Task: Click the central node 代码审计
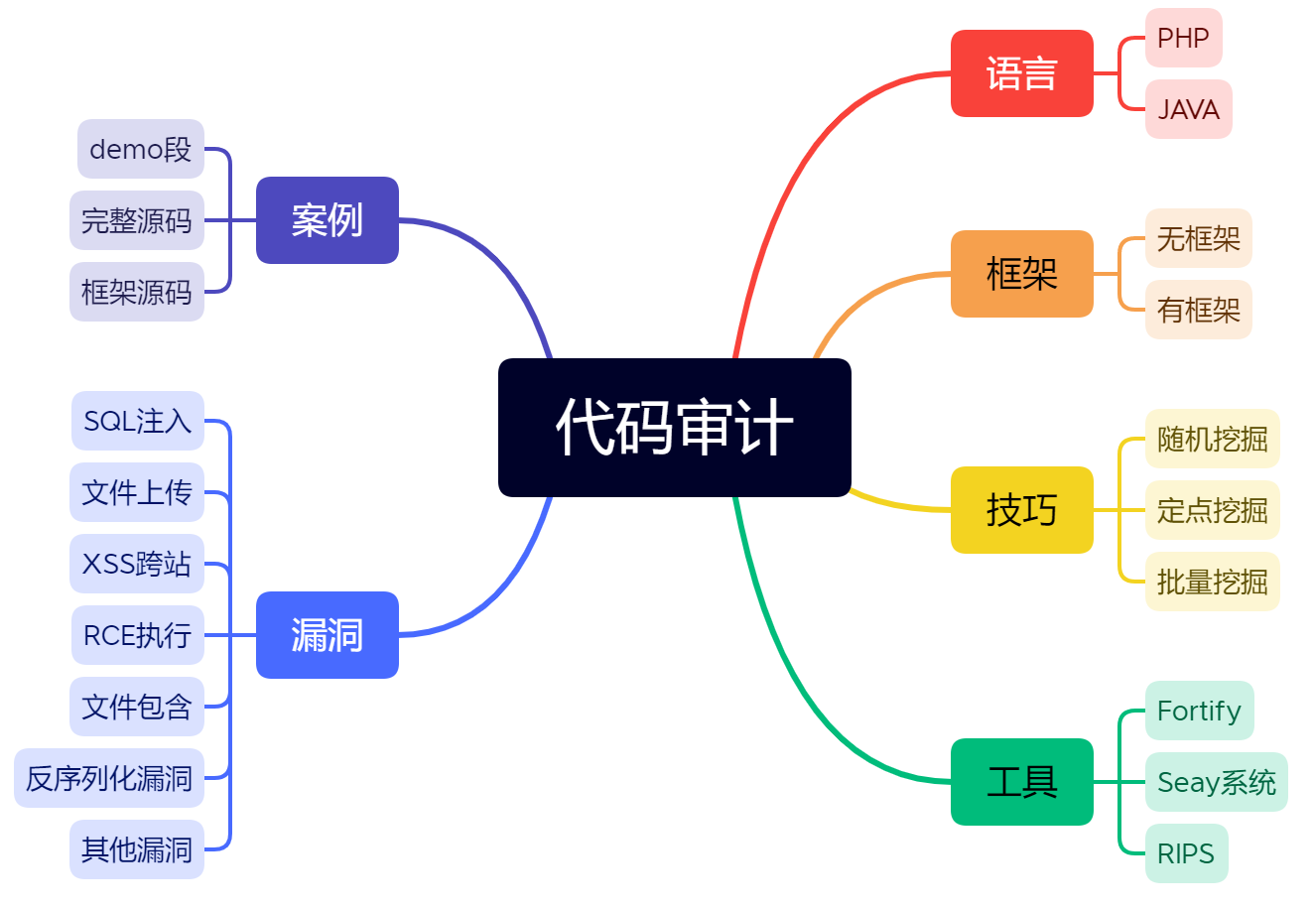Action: point(674,428)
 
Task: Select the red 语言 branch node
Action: point(1021,73)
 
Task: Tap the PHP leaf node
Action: point(1183,38)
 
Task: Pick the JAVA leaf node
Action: point(1188,109)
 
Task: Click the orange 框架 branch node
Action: point(1021,274)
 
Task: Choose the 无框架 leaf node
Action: point(1198,238)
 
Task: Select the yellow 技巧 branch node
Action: point(1021,510)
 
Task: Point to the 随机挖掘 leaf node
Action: point(1212,439)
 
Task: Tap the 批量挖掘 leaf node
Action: point(1212,582)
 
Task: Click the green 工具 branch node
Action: point(1021,782)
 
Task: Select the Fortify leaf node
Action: point(1199,711)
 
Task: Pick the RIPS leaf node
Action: point(1186,853)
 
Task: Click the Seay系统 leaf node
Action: point(1216,782)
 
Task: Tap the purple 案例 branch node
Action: point(327,220)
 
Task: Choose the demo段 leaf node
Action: point(140,149)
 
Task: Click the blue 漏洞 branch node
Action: point(327,635)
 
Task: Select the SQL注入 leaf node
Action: point(137,421)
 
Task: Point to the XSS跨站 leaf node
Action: point(137,564)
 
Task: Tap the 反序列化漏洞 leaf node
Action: point(109,778)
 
